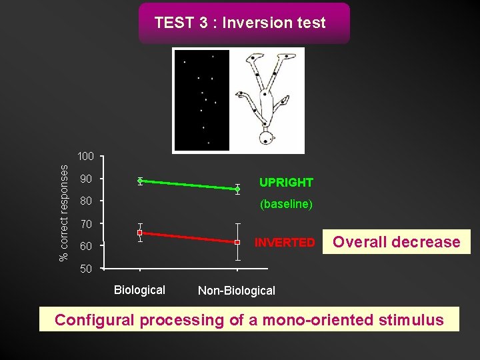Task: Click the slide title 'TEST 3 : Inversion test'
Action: click(x=240, y=23)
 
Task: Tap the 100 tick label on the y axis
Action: click(x=85, y=157)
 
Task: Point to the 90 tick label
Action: click(x=85, y=179)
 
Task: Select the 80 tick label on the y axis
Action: click(x=85, y=201)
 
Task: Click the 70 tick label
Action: click(x=85, y=223)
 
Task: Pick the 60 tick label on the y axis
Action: click(x=85, y=247)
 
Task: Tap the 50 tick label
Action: click(x=85, y=269)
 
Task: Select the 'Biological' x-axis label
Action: click(x=139, y=290)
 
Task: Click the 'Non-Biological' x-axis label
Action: click(x=237, y=291)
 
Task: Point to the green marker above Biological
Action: click(x=140, y=181)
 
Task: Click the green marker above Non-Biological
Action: click(x=237, y=189)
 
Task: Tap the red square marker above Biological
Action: click(x=140, y=233)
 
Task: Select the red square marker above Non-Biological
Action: click(x=237, y=242)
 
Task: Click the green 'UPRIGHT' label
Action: click(x=286, y=183)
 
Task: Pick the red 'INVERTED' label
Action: click(x=285, y=243)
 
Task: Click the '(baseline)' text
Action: click(x=286, y=204)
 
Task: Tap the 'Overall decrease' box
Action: click(x=397, y=242)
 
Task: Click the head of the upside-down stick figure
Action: click(x=267, y=139)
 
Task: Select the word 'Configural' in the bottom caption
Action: click(x=95, y=320)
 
